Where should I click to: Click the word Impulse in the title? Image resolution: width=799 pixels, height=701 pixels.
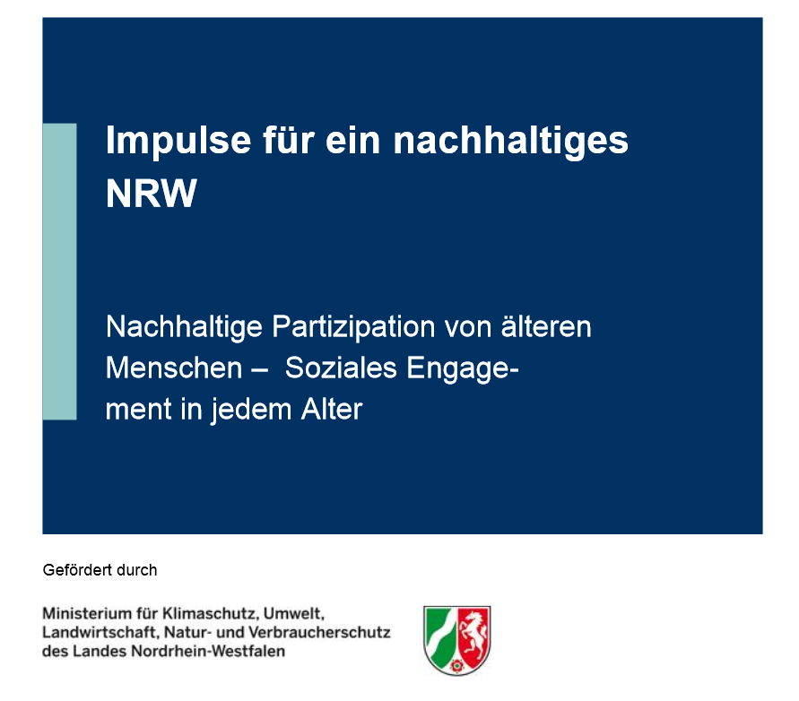tap(178, 141)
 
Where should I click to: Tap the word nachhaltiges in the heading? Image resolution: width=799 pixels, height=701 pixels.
tap(510, 141)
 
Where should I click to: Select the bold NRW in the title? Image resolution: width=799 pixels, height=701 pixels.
tap(152, 194)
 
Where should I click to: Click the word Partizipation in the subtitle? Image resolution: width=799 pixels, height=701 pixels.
tap(353, 327)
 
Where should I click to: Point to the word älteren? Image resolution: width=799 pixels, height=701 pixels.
tap(546, 326)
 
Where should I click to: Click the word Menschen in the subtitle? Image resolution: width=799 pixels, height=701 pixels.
tap(174, 368)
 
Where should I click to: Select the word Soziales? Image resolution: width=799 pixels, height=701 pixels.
tap(341, 368)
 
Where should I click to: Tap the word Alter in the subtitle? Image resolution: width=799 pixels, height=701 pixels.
tap(332, 409)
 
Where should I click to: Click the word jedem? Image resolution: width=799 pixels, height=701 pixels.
tap(251, 410)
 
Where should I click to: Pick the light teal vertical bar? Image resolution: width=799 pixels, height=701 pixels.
tap(59, 272)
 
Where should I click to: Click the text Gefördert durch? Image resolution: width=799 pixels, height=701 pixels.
tap(100, 570)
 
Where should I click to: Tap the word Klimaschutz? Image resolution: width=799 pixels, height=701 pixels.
tap(211, 613)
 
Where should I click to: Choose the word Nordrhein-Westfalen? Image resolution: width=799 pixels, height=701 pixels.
tap(208, 652)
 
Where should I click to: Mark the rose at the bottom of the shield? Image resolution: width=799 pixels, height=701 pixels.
tap(457, 665)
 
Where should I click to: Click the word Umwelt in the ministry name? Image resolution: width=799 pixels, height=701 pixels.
tap(294, 613)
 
